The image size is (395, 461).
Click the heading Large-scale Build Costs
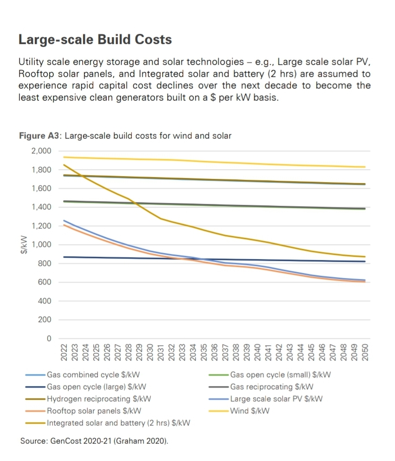point(95,40)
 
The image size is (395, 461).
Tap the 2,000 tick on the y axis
point(41,151)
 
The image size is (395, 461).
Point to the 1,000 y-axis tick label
point(41,245)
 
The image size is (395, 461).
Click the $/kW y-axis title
point(21,245)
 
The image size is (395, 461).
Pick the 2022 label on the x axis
point(64,353)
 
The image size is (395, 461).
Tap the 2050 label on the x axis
point(365,353)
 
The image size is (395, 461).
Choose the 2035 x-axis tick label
point(204,353)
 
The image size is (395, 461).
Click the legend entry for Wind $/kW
point(250,411)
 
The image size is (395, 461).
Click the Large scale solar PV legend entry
point(276,399)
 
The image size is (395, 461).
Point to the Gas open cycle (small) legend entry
point(280,375)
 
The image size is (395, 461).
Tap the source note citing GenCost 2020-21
point(94,441)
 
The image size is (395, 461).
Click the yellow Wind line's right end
point(365,167)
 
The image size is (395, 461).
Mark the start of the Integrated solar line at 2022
point(64,164)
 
